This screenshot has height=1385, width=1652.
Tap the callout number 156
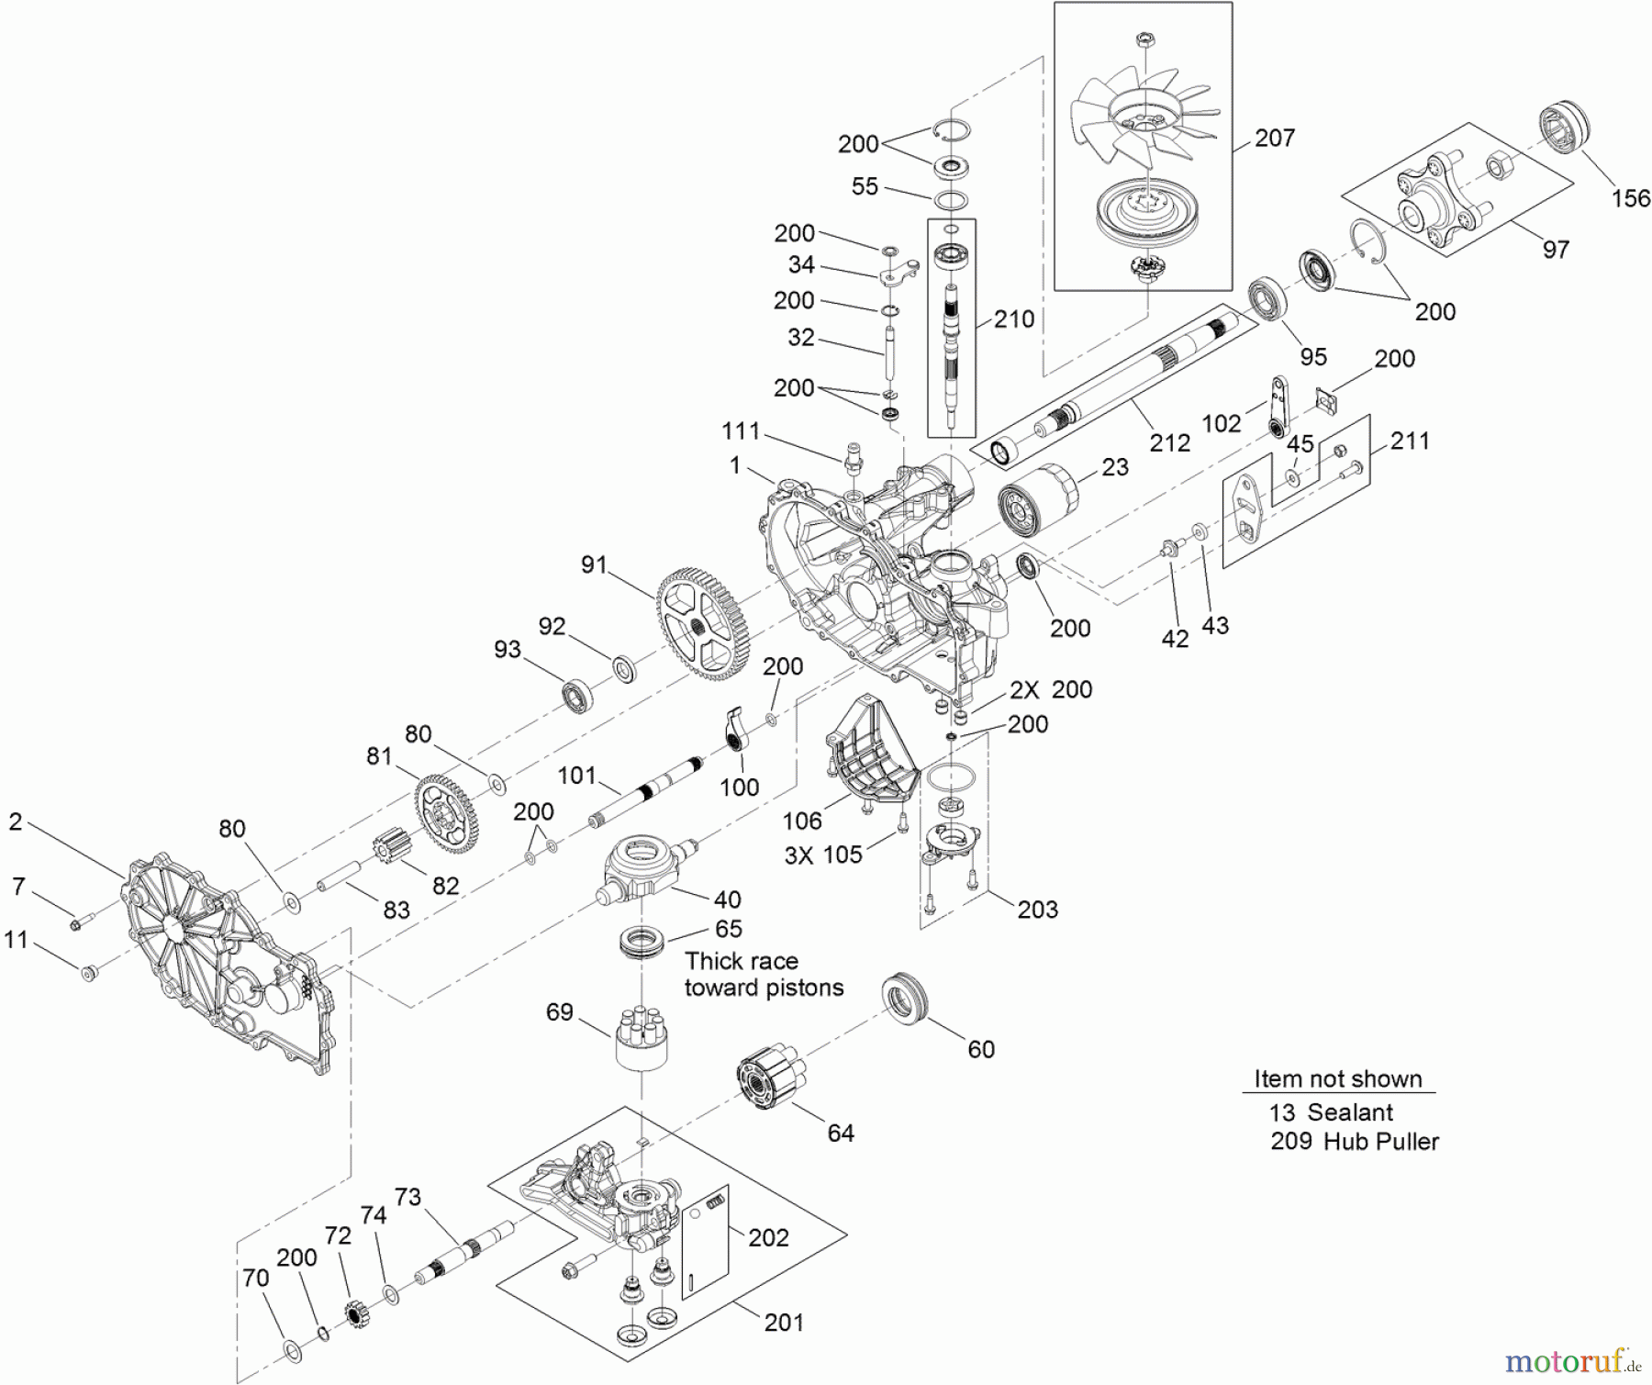[1630, 198]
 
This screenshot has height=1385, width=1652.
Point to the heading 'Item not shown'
[1337, 1079]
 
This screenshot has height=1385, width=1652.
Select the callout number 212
[1169, 443]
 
